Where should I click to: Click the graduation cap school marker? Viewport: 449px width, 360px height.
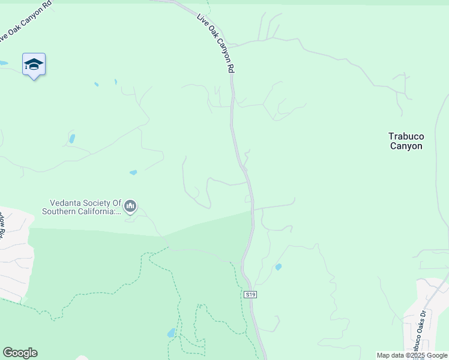(34, 65)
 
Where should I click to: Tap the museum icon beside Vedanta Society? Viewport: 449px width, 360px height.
(131, 207)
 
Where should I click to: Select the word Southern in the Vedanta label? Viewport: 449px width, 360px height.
(59, 211)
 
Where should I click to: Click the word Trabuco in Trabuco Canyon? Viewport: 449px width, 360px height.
(406, 137)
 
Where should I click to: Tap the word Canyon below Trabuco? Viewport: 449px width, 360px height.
(406, 146)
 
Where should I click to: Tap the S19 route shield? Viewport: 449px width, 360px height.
(250, 295)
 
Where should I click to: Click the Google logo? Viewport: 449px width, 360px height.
(20, 353)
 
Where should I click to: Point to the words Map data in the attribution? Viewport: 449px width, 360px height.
(390, 355)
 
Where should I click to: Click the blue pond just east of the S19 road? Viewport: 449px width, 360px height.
(278, 267)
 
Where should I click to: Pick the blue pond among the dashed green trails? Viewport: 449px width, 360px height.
(172, 332)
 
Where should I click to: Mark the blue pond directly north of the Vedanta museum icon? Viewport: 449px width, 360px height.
(133, 173)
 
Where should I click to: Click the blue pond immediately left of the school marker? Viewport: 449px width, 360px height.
(3, 62)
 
